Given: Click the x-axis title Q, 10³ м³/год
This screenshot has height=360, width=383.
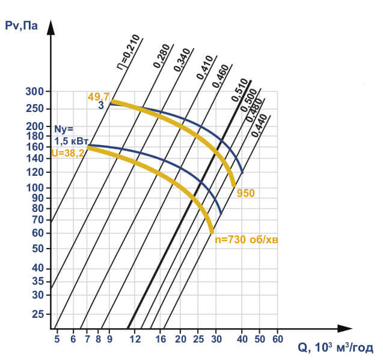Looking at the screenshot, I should [335, 348].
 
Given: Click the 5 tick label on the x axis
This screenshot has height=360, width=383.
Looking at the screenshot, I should [57, 339].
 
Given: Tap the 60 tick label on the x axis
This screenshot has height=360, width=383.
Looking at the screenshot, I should [277, 339].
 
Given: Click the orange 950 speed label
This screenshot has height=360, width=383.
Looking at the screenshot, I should [246, 193].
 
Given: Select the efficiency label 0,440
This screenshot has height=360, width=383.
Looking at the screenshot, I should [260, 125].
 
